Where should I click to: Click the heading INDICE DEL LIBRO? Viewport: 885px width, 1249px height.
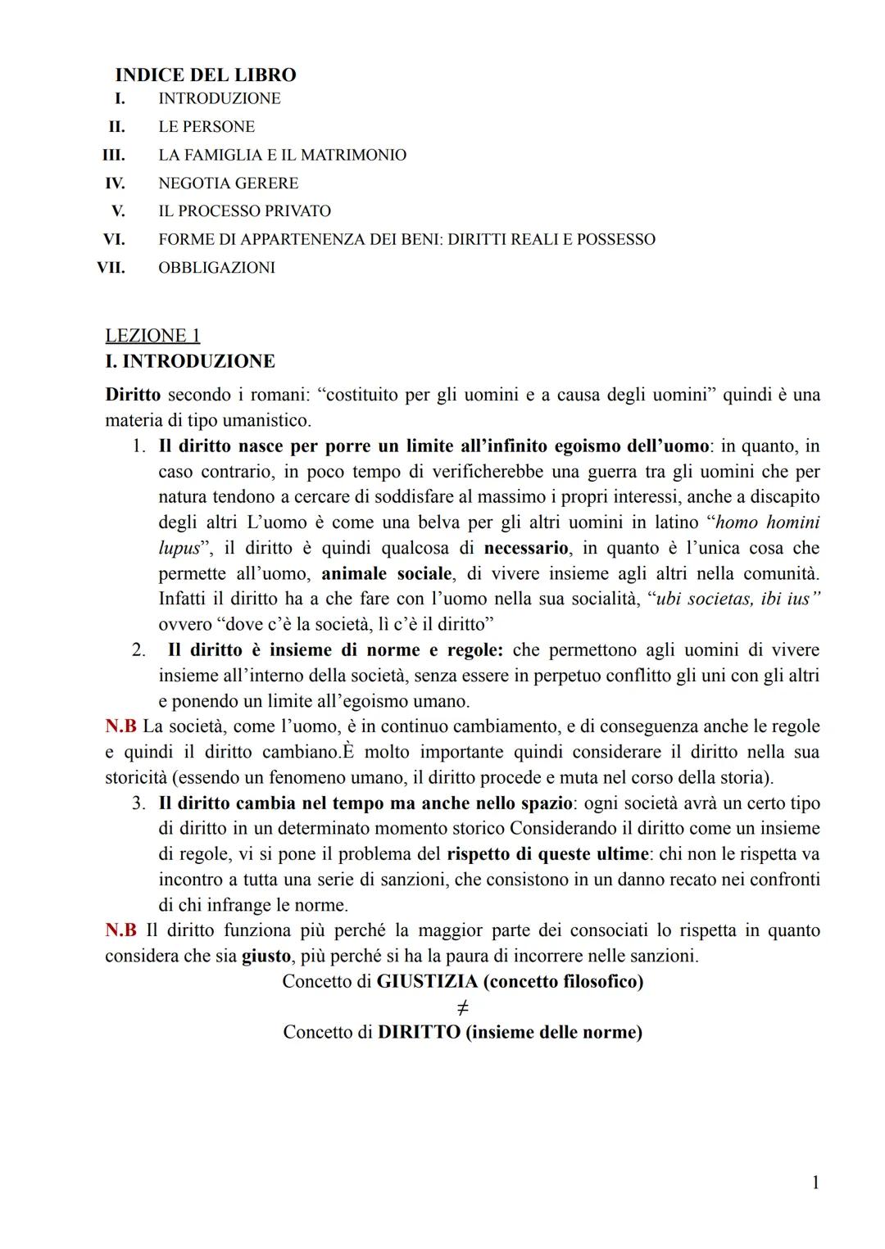(x=205, y=75)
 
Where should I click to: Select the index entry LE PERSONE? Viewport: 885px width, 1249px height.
(x=206, y=127)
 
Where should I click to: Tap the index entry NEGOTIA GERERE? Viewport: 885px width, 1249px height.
(x=228, y=183)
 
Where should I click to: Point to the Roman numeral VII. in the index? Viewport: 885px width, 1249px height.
(x=111, y=268)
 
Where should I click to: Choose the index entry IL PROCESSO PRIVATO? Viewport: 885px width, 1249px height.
(x=244, y=211)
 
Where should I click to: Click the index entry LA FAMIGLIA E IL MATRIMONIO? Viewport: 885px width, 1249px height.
(x=282, y=155)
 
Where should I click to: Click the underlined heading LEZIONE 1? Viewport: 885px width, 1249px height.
(x=152, y=336)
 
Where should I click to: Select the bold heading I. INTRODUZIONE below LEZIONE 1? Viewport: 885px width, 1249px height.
(x=190, y=361)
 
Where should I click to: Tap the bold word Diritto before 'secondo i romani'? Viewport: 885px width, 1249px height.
(x=133, y=395)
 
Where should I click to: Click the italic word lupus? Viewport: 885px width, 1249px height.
(x=179, y=548)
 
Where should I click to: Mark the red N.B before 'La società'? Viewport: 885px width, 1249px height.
(x=120, y=726)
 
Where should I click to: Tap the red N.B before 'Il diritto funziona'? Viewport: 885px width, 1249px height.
(x=120, y=930)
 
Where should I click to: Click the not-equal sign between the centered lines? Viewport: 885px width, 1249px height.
(x=463, y=1007)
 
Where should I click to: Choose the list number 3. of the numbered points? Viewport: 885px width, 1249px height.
(x=139, y=803)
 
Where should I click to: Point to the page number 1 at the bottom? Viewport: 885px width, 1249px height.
(x=815, y=1182)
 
